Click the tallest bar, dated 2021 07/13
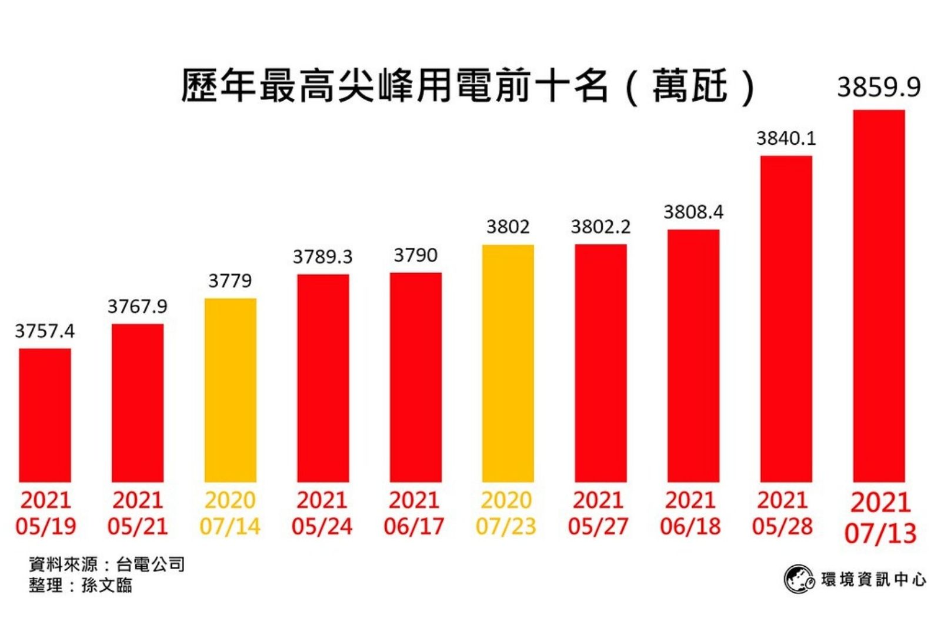point(879,295)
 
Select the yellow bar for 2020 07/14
point(230,390)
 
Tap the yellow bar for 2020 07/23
point(508,363)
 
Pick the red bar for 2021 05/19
point(45,415)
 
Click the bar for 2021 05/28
point(786,318)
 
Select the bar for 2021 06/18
point(693,356)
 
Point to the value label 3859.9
point(879,87)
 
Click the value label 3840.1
point(786,138)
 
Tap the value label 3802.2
point(600,227)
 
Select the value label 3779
point(230,281)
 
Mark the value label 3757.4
point(45,331)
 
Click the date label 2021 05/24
point(322,513)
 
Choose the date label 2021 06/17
point(414,513)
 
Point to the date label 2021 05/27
point(598,513)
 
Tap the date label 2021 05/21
point(138,513)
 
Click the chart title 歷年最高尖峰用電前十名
point(394,86)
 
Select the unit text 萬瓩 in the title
point(689,86)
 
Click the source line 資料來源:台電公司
point(106,564)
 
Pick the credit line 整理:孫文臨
point(81,585)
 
